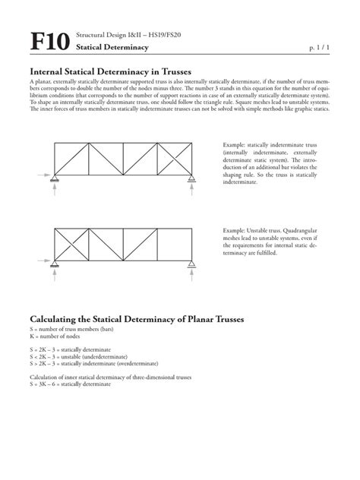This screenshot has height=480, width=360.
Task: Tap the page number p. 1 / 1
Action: pos(320,48)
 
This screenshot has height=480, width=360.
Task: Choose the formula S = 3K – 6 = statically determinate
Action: pos(70,384)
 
